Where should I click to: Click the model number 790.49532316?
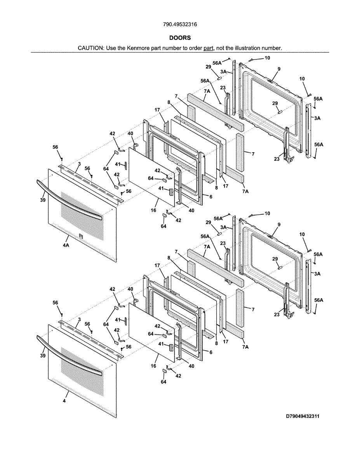coord(180,24)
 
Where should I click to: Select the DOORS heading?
coord(180,38)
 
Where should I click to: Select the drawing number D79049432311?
coord(303,416)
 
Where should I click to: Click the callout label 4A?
coord(66,245)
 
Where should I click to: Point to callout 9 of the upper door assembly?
coord(279,69)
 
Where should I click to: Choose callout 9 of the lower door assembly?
coord(279,224)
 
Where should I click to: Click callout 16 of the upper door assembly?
coord(154,210)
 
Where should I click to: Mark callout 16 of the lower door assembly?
coord(154,366)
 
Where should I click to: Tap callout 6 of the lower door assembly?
coord(211,352)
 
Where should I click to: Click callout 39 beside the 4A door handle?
coord(43,200)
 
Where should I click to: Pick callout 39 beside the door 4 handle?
coord(43,355)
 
